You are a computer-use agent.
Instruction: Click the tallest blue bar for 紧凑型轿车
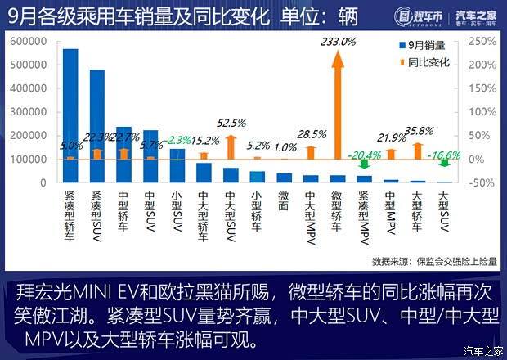pyautogui.click(x=71, y=115)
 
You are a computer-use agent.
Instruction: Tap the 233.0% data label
pyautogui.click(x=339, y=41)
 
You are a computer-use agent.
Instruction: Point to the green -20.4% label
pyautogui.click(x=364, y=155)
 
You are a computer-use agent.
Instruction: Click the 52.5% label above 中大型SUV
pyautogui.click(x=231, y=124)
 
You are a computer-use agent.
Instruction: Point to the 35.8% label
pyautogui.click(x=418, y=129)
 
